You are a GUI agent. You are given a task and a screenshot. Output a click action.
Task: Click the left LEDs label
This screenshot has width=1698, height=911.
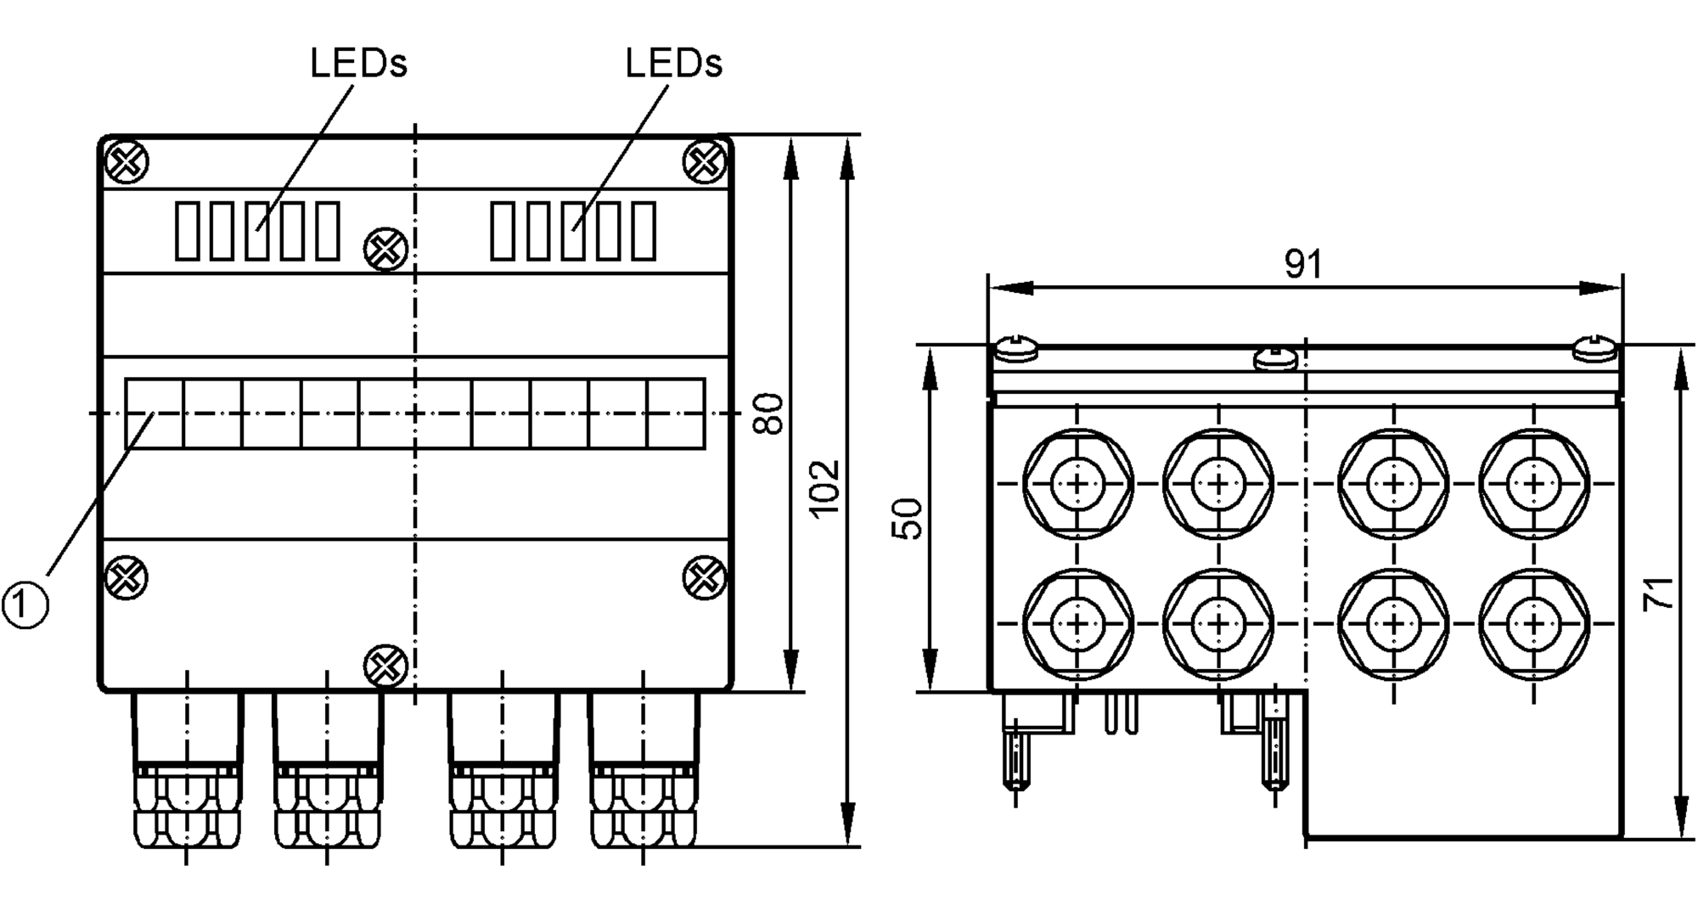point(358,64)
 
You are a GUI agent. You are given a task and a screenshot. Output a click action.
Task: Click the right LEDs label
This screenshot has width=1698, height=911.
point(673,64)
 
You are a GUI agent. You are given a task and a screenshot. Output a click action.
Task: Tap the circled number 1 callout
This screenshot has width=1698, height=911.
point(25,604)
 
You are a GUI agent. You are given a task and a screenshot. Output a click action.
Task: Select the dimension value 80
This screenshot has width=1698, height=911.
point(768,413)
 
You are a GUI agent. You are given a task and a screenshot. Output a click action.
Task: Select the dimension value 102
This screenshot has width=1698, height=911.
point(824,488)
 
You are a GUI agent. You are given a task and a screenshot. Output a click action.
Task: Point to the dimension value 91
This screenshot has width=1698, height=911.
point(1302,264)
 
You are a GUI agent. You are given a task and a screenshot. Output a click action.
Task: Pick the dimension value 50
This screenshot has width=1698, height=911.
point(907,519)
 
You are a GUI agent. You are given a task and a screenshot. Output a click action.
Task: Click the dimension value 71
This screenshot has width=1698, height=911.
point(1657,593)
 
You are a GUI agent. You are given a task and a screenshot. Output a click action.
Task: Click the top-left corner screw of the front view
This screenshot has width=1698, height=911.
point(127,161)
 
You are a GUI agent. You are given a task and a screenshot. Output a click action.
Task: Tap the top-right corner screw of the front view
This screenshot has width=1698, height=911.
point(705,161)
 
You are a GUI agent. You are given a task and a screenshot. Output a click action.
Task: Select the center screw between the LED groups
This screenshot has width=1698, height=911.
point(385,249)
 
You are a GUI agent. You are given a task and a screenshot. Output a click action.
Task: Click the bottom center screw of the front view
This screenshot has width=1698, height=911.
point(385,666)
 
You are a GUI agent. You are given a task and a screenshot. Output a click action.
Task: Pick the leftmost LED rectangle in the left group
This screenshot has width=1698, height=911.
point(188,230)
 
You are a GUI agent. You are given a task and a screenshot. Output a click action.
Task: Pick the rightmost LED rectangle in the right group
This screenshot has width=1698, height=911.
point(644,230)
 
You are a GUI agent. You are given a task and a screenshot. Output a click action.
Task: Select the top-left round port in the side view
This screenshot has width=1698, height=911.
point(1077,484)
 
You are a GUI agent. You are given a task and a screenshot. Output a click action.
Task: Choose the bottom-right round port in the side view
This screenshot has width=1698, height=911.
point(1533,624)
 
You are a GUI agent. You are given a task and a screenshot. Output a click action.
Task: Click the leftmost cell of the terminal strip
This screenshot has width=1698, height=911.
point(154,413)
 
